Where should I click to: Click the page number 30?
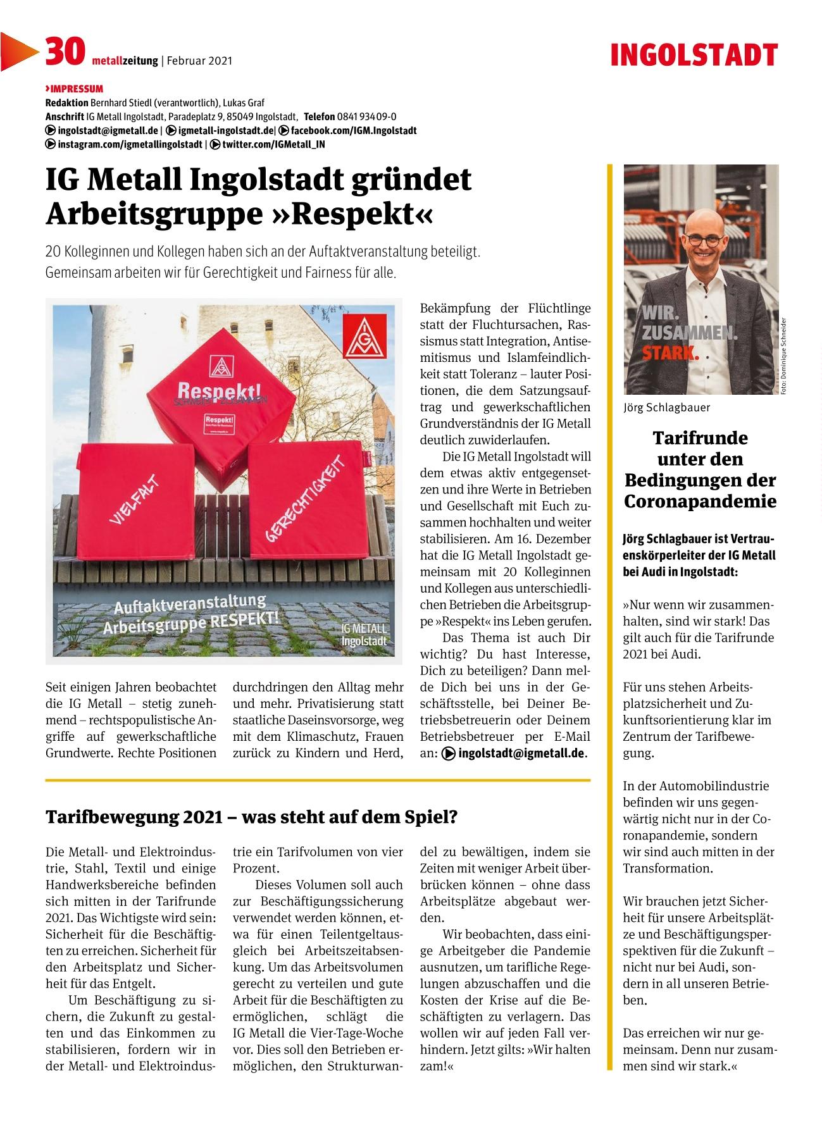tap(64, 52)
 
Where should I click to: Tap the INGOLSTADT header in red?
tap(694, 56)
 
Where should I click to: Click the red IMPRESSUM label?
tap(75, 89)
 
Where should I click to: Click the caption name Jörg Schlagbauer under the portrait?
tap(667, 407)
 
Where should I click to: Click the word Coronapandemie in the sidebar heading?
tap(700, 501)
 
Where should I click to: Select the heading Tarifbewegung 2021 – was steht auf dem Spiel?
tap(251, 817)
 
